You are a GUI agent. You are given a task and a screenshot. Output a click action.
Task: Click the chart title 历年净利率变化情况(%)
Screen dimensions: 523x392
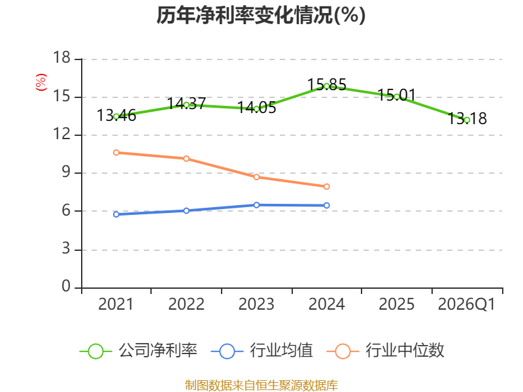(261, 15)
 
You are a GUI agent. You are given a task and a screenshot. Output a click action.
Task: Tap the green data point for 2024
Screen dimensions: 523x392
(326, 86)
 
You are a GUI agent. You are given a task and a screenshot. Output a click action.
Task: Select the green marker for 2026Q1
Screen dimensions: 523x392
(467, 120)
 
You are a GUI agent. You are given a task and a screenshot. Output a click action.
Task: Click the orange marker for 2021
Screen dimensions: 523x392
(116, 152)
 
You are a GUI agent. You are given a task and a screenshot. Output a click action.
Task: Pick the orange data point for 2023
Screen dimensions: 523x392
(256, 177)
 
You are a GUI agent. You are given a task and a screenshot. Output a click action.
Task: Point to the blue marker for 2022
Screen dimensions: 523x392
(186, 210)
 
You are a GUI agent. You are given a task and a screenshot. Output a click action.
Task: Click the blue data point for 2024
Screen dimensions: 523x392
(326, 205)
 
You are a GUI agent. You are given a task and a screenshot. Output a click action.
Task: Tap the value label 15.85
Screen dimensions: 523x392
(326, 84)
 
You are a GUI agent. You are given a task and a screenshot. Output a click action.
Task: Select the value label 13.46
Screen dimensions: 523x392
(116, 116)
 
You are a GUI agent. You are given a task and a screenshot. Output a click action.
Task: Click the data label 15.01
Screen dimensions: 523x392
(397, 95)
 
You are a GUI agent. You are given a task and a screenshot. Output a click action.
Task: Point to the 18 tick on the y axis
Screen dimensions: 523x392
(61, 57)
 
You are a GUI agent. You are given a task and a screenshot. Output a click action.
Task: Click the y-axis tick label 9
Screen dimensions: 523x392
(66, 172)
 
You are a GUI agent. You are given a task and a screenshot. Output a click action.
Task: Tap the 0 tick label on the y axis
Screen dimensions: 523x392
(66, 286)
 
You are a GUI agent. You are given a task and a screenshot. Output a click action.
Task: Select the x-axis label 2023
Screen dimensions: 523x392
(256, 304)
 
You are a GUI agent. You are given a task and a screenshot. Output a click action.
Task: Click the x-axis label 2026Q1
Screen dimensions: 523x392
(467, 304)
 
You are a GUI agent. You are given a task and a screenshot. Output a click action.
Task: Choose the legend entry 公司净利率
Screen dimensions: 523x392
(139, 350)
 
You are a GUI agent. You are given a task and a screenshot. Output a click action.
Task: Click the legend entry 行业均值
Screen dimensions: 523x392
(262, 350)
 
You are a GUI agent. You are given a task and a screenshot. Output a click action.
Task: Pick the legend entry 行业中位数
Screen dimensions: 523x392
(385, 350)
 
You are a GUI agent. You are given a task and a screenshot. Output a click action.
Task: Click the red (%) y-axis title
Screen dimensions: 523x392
(41, 82)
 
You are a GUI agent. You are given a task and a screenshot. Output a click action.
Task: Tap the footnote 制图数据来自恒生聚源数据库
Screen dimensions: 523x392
(261, 385)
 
